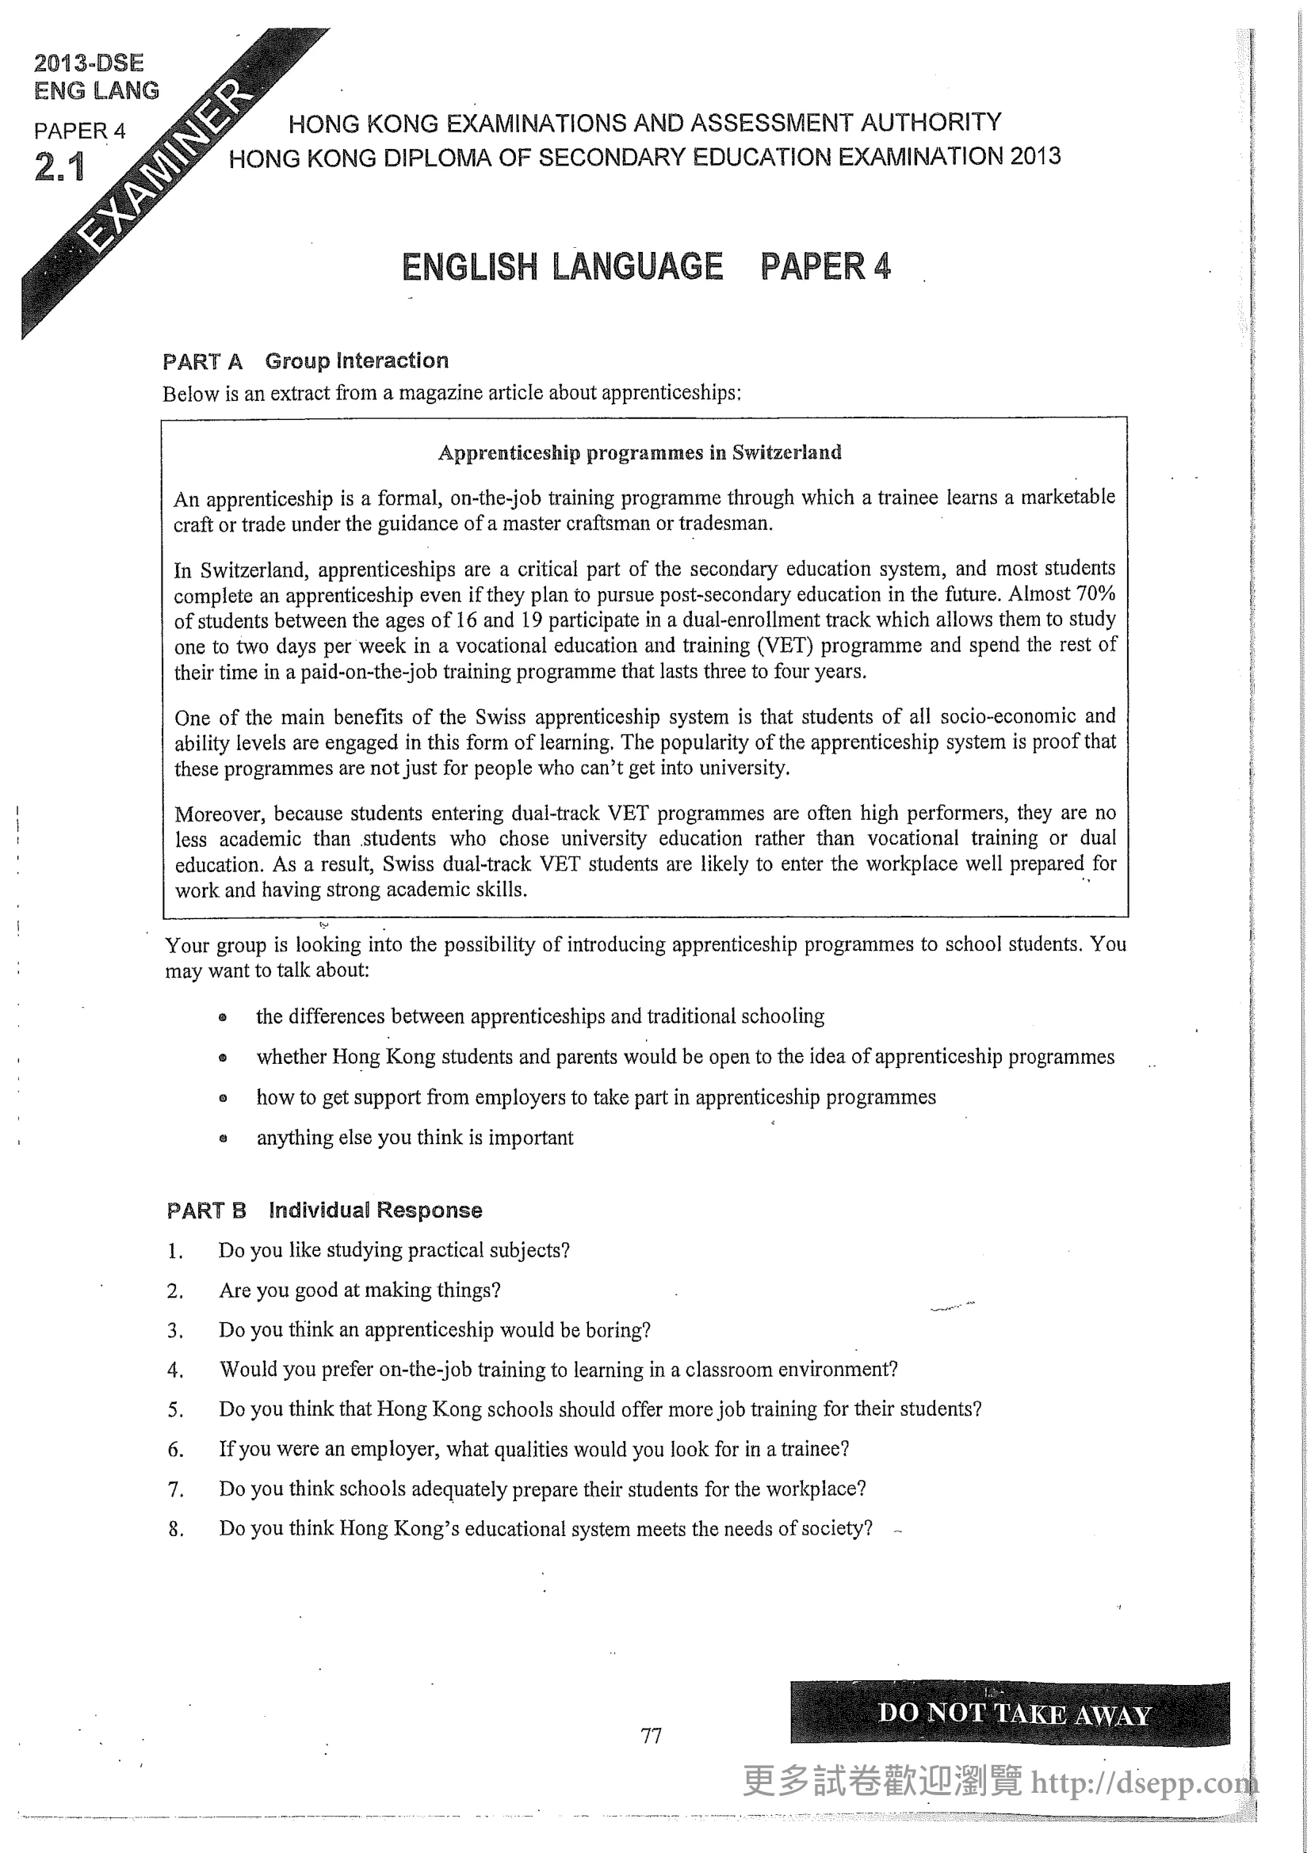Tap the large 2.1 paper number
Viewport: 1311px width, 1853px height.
point(59,168)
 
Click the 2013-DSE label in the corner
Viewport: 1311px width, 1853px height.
point(89,63)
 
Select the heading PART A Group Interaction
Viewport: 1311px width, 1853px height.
point(305,360)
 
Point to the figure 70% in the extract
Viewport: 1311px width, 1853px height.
point(1095,593)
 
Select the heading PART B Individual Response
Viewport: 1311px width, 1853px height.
point(323,1210)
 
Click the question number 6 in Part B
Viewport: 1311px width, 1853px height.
point(175,1450)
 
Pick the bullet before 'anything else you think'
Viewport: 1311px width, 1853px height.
point(223,1138)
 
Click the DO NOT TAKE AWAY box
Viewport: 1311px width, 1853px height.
point(1010,1713)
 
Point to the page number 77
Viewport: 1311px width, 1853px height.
point(651,1735)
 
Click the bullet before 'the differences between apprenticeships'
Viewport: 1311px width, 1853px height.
point(223,1017)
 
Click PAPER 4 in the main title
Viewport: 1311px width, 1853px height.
point(825,266)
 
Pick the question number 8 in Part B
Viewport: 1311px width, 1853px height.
point(175,1528)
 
